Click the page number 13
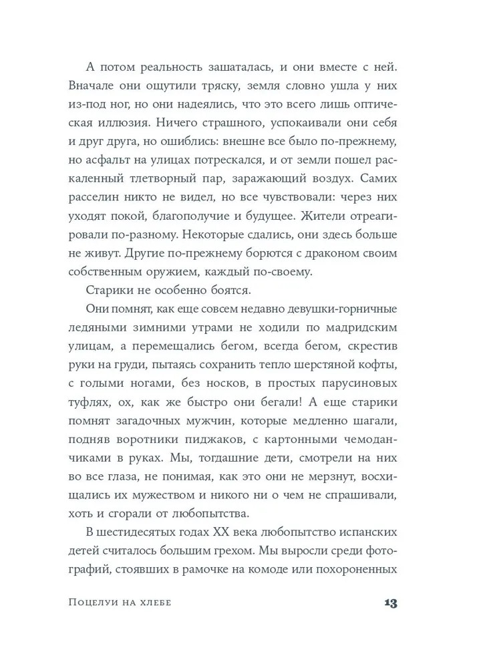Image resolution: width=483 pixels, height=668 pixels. coord(391,602)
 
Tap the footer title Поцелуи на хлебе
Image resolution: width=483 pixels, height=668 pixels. coord(120,603)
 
